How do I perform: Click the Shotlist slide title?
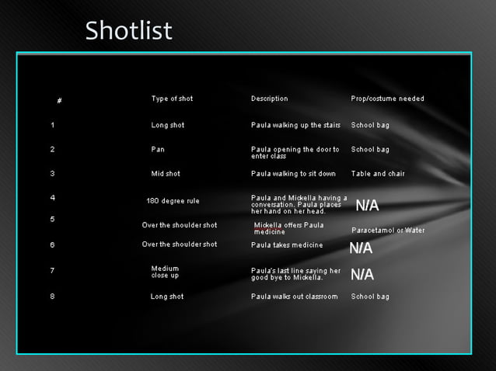click(128, 31)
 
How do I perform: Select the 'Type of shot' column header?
click(172, 99)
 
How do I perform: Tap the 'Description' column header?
click(269, 99)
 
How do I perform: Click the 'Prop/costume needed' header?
click(387, 99)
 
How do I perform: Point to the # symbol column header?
click(60, 101)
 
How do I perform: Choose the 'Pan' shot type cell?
click(158, 149)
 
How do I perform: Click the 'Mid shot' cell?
click(166, 174)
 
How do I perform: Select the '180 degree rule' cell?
click(173, 201)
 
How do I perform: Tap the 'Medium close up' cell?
click(165, 272)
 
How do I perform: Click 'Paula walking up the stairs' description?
click(295, 125)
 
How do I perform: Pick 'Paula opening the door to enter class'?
click(295, 153)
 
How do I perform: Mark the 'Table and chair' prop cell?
click(378, 174)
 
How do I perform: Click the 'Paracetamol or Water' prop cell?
click(388, 231)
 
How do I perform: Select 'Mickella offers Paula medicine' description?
click(288, 228)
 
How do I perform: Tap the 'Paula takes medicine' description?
click(287, 245)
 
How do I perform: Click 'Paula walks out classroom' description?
click(294, 296)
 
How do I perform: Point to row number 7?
click(52, 271)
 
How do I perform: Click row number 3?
click(52, 174)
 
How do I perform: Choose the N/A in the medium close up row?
click(362, 275)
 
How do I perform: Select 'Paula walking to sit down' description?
click(293, 174)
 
